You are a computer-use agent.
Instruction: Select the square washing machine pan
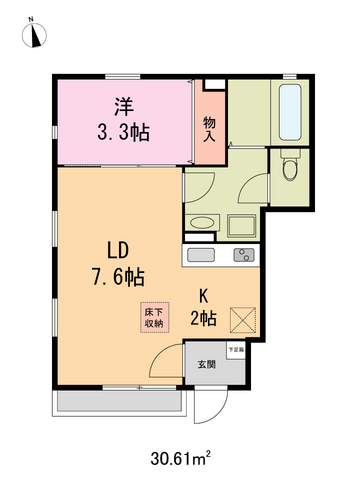(243, 223)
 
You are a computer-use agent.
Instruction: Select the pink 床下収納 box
(152, 316)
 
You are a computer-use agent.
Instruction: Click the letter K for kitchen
(203, 296)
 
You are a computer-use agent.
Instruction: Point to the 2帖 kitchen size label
(203, 319)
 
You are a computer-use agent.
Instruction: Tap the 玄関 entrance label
(204, 362)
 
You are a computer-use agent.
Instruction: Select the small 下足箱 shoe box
(235, 351)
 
